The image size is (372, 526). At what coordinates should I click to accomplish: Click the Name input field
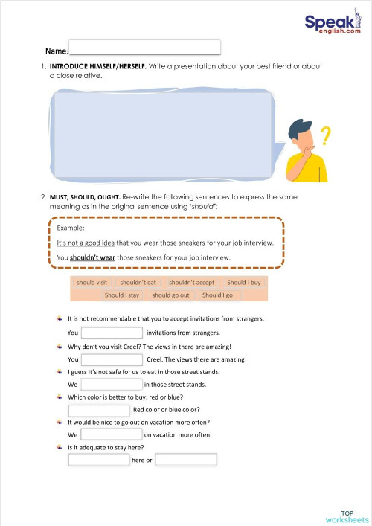pyautogui.click(x=144, y=48)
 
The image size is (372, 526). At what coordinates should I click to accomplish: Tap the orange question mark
pyautogui.click(x=324, y=135)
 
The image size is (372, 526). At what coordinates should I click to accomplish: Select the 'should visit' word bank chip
pyautogui.click(x=92, y=283)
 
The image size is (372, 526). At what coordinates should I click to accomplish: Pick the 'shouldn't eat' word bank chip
pyautogui.click(x=138, y=283)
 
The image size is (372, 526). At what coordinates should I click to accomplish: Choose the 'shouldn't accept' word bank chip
pyautogui.click(x=191, y=283)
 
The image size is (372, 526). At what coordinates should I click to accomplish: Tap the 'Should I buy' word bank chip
pyautogui.click(x=244, y=283)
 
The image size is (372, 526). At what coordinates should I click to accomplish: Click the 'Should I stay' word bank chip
pyautogui.click(x=122, y=295)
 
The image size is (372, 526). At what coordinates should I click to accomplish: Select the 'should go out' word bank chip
pyautogui.click(x=171, y=295)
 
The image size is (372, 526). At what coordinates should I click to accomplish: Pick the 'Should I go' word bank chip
pyautogui.click(x=218, y=295)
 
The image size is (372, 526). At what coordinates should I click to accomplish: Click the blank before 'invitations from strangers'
pyautogui.click(x=112, y=333)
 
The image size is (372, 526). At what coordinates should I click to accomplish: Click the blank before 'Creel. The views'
pyautogui.click(x=112, y=359)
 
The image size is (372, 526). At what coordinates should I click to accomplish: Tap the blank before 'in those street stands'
pyautogui.click(x=110, y=385)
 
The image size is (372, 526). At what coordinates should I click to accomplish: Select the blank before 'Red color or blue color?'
pyautogui.click(x=99, y=409)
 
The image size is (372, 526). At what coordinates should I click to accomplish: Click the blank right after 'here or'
pyautogui.click(x=186, y=460)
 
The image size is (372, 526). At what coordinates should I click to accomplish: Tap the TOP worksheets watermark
pyautogui.click(x=347, y=517)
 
